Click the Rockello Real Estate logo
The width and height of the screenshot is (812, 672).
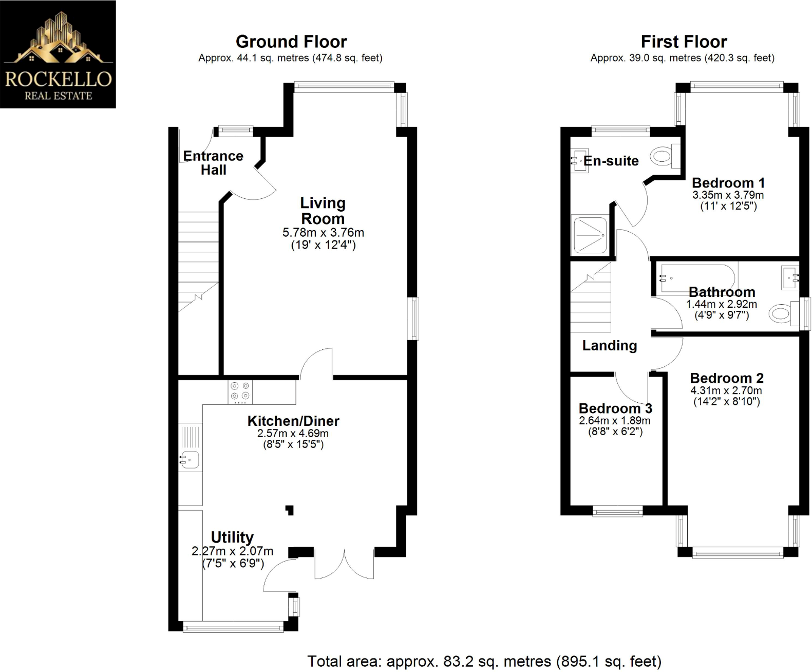coord(58,54)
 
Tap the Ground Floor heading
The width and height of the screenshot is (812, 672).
coord(291,42)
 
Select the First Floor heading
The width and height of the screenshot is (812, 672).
coord(684,42)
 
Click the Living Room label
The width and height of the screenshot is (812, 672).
coord(323,211)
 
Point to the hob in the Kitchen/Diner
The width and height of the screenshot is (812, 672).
coord(240,391)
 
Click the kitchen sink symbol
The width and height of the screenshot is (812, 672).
coord(190,459)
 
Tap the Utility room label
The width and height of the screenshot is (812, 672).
coord(232,537)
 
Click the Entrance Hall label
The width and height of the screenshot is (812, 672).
coord(213,162)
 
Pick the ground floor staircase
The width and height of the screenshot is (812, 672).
coord(198,262)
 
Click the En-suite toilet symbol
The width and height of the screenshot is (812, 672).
coord(664,156)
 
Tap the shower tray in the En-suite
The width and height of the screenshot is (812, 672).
coord(590,235)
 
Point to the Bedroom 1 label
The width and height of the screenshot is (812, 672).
coord(728,183)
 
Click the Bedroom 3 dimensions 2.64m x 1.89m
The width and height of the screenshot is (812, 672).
coord(614,421)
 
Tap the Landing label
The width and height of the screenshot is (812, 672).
coord(609,346)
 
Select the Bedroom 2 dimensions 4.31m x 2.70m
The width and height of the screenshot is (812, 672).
coord(726,390)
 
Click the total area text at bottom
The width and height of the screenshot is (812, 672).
coord(484,661)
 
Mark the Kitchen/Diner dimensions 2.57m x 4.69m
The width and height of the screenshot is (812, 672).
coord(293,433)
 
